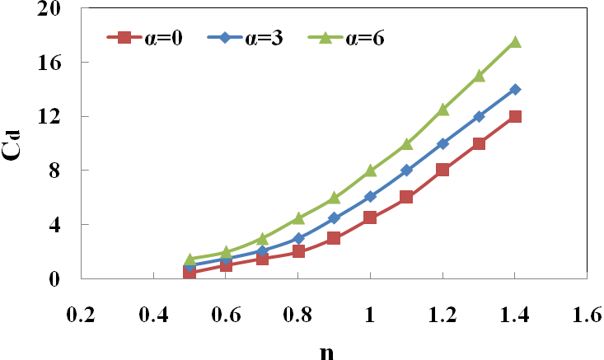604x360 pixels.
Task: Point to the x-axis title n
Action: (x=326, y=349)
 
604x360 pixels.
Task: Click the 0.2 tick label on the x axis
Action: (x=81, y=315)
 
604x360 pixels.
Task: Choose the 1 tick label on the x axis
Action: (x=370, y=315)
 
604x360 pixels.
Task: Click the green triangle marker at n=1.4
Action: (x=515, y=42)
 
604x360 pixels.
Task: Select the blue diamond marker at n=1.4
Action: (x=515, y=89)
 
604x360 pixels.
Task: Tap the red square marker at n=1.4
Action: (x=515, y=116)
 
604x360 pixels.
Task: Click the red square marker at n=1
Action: (x=370, y=217)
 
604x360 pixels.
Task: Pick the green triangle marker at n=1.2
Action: (x=442, y=110)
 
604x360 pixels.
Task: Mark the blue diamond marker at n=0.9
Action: (x=334, y=218)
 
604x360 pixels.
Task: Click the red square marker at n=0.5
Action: (x=190, y=272)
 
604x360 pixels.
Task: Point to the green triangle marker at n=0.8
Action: (x=298, y=218)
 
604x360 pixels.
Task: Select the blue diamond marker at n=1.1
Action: (x=406, y=171)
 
